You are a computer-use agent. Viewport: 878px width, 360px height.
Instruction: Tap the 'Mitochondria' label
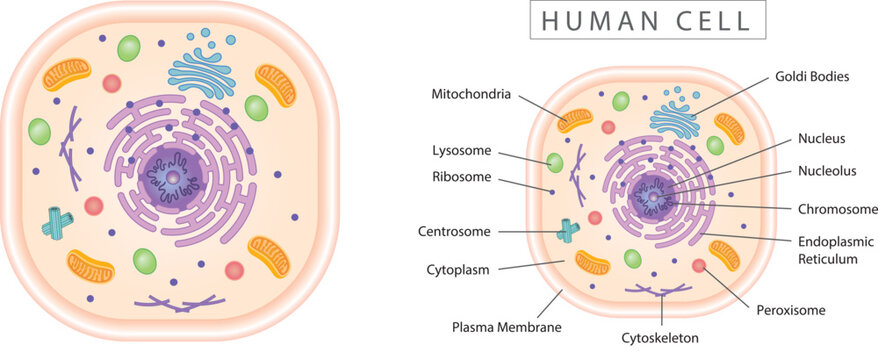click(x=471, y=95)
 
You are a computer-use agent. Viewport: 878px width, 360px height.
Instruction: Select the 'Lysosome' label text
click(x=461, y=151)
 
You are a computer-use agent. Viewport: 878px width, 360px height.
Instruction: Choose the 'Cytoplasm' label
click(x=457, y=269)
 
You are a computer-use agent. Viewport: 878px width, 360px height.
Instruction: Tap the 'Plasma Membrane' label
click(x=507, y=326)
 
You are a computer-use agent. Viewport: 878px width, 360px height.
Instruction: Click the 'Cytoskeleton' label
click(x=659, y=338)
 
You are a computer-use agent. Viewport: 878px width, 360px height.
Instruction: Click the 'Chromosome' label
click(x=837, y=209)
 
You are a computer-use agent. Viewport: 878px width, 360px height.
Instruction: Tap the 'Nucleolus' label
click(x=827, y=171)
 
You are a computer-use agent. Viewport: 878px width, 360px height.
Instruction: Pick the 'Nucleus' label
click(x=821, y=139)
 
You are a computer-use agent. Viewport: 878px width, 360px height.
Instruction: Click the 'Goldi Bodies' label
click(x=811, y=76)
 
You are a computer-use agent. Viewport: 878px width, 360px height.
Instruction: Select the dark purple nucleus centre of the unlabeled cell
click(x=172, y=177)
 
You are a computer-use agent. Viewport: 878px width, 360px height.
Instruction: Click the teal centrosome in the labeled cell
click(x=568, y=231)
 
